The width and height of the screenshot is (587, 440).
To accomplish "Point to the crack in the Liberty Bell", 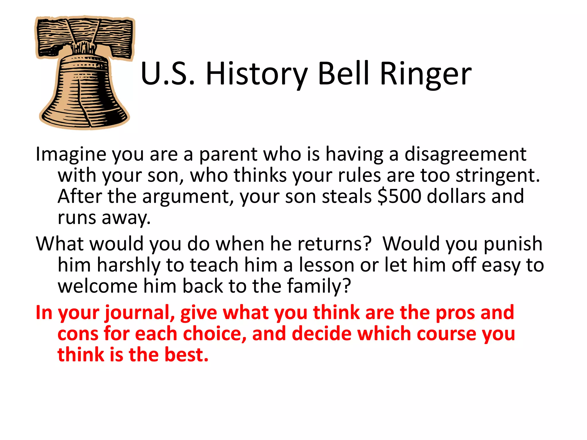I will [83, 103].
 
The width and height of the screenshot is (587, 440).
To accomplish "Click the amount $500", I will [400, 197].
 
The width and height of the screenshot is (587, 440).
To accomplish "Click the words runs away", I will [104, 218].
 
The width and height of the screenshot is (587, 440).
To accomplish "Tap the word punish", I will [513, 244].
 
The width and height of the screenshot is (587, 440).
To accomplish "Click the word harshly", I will [128, 265].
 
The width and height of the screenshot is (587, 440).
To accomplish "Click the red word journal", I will [140, 313].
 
